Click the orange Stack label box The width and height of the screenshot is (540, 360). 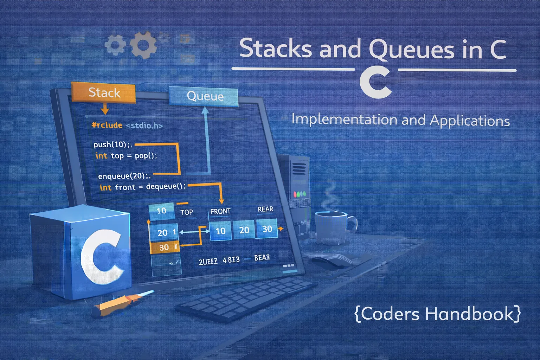(103, 93)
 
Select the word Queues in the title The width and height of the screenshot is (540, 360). (411, 49)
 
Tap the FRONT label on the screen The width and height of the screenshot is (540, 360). (220, 211)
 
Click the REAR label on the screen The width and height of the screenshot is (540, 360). (265, 209)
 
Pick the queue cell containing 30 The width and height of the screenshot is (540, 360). (267, 229)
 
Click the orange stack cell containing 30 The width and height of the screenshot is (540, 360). (165, 247)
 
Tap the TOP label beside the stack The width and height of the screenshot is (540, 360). (187, 212)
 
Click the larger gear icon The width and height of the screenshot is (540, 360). (143, 45)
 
